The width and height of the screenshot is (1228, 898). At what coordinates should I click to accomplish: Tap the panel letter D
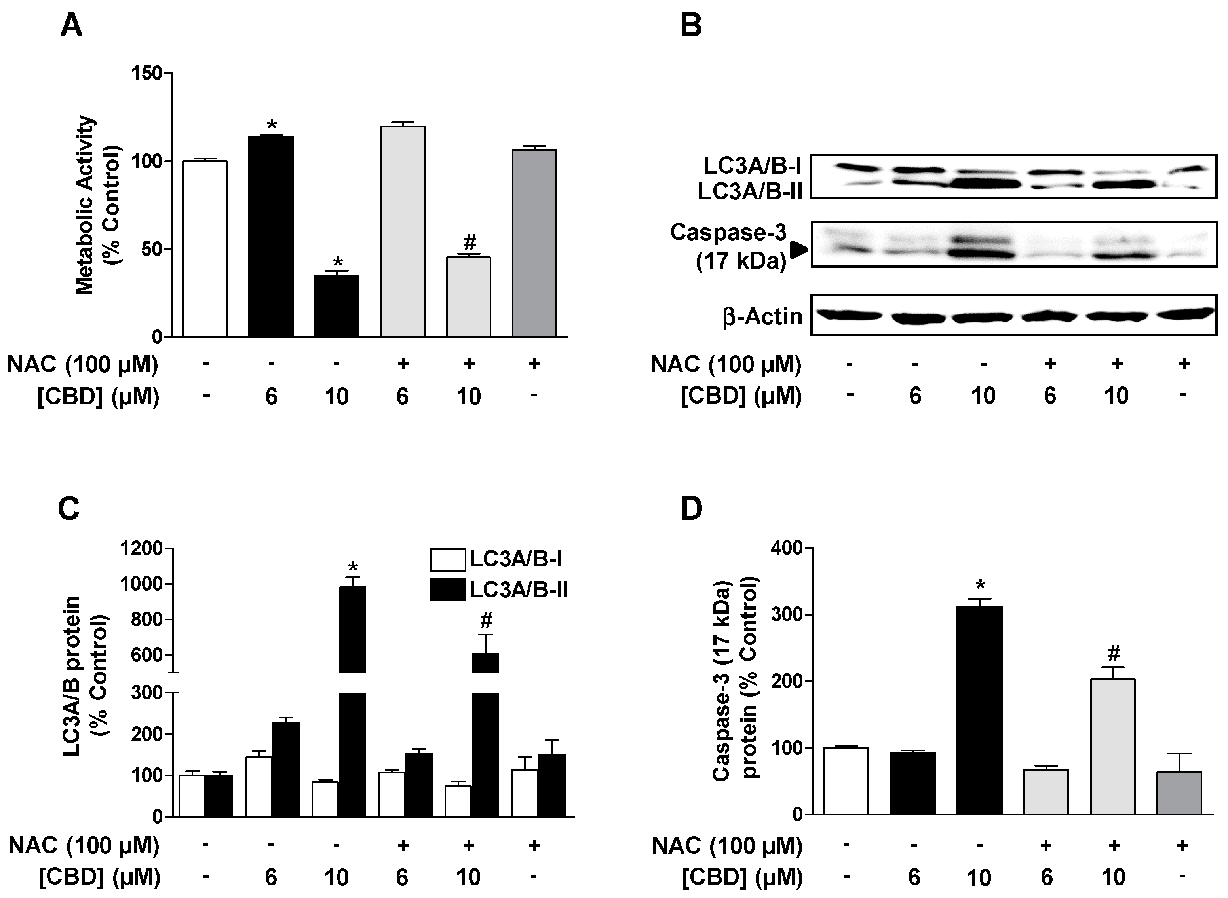pyautogui.click(x=691, y=510)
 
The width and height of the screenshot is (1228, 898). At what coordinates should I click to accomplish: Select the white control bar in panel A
pyautogui.click(x=205, y=249)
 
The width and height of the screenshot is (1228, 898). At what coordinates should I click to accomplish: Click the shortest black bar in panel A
pyautogui.click(x=336, y=306)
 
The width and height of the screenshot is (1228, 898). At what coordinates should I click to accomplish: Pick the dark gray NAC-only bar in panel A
pyautogui.click(x=534, y=243)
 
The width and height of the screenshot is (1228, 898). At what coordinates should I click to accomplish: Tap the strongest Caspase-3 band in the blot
pyautogui.click(x=983, y=253)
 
